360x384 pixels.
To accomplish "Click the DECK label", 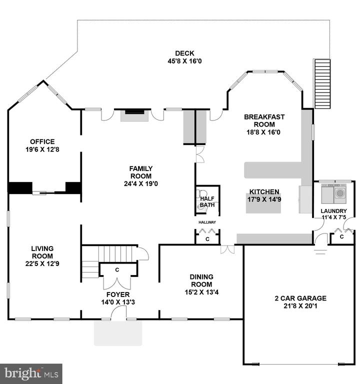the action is tap(184, 53).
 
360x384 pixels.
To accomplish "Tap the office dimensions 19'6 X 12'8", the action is tap(42, 149).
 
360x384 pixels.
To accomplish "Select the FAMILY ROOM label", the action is tap(141, 172).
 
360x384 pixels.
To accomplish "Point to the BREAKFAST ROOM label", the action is tap(264, 120).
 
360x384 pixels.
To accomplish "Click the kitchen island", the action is tap(263, 203).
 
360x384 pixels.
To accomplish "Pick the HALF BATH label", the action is tap(207, 201).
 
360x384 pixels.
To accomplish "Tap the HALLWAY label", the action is tap(207, 222).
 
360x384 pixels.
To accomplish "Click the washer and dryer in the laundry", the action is tap(334, 194).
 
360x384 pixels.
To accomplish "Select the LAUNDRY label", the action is tap(334, 211).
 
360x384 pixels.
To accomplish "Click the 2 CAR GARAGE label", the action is tap(300, 298).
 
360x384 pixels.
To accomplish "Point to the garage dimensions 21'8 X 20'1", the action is tap(300, 306).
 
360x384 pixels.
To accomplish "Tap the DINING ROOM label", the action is tap(201, 280).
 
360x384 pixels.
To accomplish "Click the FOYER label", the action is tap(118, 294).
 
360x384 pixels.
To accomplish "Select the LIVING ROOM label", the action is tap(42, 252).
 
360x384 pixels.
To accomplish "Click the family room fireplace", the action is tap(134, 115).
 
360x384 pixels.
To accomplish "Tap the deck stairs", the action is tap(322, 84).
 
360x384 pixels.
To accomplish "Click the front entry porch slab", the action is tap(118, 333).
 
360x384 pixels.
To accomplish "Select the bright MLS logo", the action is tap(31, 374).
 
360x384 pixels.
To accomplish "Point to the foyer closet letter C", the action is tap(117, 270).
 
